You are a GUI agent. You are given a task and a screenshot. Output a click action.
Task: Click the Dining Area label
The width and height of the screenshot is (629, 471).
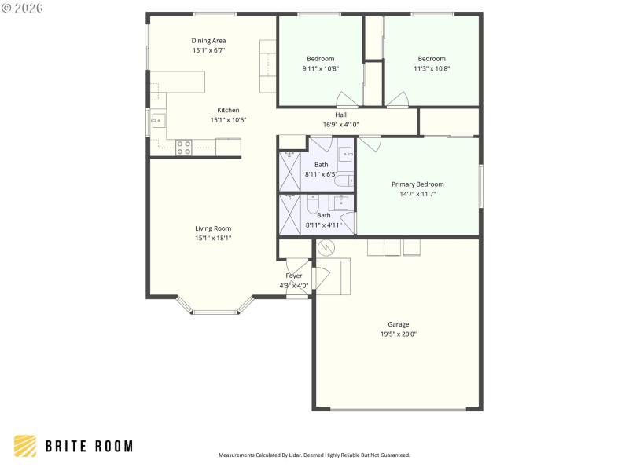(208, 40)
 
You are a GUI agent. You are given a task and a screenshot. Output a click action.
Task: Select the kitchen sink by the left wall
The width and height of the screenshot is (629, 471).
(157, 121)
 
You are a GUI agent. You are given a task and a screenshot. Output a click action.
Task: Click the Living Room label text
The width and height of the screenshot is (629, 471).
(213, 228)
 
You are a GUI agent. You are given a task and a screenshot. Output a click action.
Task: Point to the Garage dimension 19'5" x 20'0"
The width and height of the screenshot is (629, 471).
(398, 334)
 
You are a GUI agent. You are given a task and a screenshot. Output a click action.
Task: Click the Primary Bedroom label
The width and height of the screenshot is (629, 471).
(417, 184)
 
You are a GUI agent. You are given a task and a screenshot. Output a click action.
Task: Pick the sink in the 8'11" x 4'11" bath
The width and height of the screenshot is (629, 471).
(342, 203)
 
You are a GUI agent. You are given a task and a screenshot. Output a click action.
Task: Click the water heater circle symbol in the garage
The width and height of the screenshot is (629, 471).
(326, 248)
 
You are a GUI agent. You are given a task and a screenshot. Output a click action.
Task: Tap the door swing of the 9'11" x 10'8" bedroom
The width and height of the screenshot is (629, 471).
(346, 100)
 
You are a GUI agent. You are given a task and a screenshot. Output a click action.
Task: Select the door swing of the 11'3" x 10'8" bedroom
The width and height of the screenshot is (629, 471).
(397, 100)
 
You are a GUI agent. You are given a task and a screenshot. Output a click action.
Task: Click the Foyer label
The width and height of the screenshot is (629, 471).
(293, 276)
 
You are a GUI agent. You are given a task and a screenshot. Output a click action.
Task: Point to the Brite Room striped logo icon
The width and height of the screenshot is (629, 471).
(25, 446)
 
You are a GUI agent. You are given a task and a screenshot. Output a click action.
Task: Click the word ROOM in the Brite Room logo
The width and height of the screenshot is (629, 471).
(112, 447)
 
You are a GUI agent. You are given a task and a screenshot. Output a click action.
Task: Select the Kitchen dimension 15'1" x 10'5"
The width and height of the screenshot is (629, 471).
(229, 120)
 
